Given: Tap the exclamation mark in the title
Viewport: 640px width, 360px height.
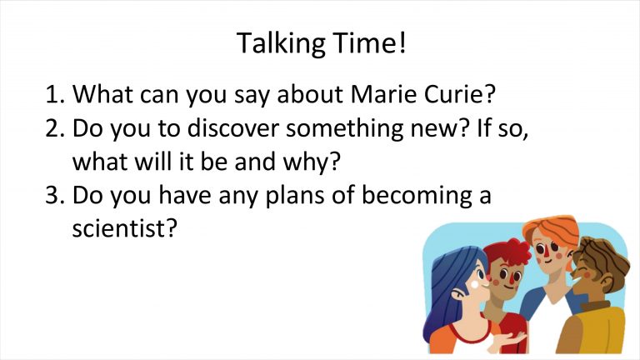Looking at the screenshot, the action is click(x=402, y=42).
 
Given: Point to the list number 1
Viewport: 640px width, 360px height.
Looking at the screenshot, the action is click(x=54, y=94).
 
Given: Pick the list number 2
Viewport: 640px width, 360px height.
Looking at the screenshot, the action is click(x=54, y=128).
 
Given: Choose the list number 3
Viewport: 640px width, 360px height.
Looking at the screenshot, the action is click(x=54, y=195).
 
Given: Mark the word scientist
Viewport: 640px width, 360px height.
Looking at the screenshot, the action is click(x=120, y=228).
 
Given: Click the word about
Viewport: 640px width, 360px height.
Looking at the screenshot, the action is click(x=310, y=94).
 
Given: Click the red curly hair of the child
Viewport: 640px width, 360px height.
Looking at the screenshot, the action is click(x=508, y=252).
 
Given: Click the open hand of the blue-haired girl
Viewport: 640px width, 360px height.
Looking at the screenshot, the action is click(x=510, y=340).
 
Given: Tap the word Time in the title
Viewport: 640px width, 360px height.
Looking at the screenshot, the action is click(x=362, y=42).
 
